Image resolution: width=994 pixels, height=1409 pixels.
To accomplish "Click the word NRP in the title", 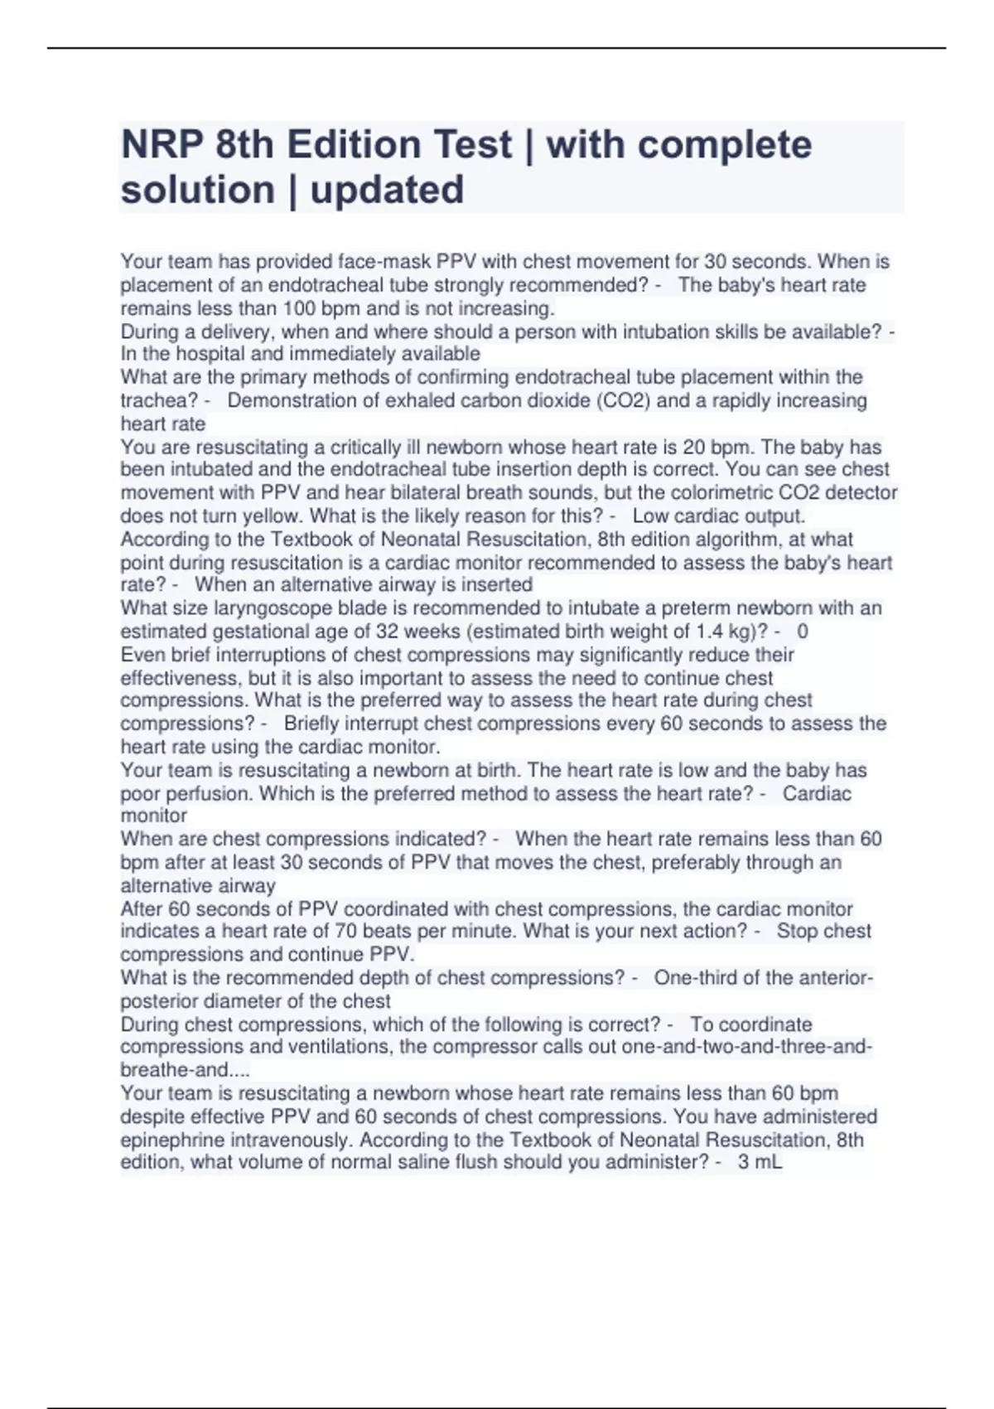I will click(162, 145).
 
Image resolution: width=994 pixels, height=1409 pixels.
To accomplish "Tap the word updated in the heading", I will click(387, 190).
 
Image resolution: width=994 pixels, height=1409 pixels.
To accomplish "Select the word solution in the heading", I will click(197, 190).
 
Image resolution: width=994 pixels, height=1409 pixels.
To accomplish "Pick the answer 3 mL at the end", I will click(760, 1162).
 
